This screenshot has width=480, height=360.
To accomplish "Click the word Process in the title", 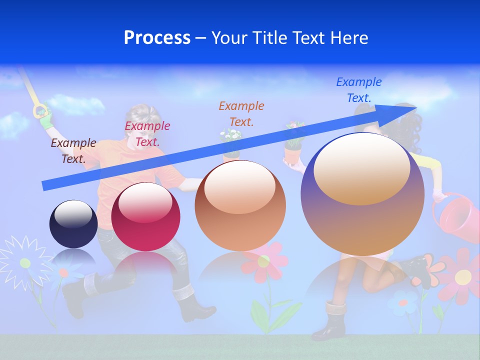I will click(x=157, y=38).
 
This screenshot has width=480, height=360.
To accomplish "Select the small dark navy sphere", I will click(x=73, y=223).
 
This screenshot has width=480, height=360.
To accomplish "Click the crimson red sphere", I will click(x=145, y=216).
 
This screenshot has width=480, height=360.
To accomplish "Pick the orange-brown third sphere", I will click(x=240, y=205).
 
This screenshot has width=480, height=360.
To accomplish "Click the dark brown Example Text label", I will click(x=73, y=150).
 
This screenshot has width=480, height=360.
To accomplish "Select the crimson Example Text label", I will click(x=147, y=133).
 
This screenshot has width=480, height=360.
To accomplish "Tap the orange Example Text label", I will click(x=241, y=113).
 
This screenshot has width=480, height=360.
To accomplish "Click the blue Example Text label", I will click(x=359, y=90).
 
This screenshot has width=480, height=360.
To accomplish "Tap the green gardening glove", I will click(x=45, y=115).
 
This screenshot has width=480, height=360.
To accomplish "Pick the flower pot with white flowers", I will click(x=231, y=142).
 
